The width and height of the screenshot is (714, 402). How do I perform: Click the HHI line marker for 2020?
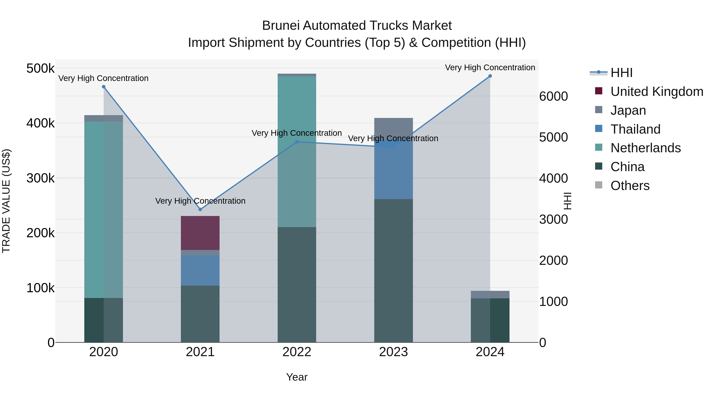(x=104, y=87)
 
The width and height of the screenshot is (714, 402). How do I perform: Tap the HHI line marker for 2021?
(x=200, y=209)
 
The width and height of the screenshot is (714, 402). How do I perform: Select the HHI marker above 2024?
(x=490, y=76)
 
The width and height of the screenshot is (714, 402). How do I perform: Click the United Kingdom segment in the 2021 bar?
(x=200, y=233)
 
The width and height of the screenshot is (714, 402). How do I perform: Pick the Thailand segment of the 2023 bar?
(x=393, y=172)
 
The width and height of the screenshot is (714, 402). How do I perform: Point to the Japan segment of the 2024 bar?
(x=490, y=295)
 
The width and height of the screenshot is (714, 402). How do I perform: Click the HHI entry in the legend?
(x=621, y=73)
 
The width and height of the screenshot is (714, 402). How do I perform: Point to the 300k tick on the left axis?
(x=40, y=178)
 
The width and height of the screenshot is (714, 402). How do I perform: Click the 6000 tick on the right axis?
(x=553, y=96)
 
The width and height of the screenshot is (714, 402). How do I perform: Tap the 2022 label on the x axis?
(x=297, y=352)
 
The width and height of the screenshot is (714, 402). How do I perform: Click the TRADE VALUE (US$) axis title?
(x=6, y=201)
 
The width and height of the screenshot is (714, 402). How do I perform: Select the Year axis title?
(x=297, y=377)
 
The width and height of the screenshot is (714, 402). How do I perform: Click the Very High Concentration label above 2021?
(x=200, y=201)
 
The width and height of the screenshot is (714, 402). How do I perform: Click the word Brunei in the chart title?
(x=281, y=26)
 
